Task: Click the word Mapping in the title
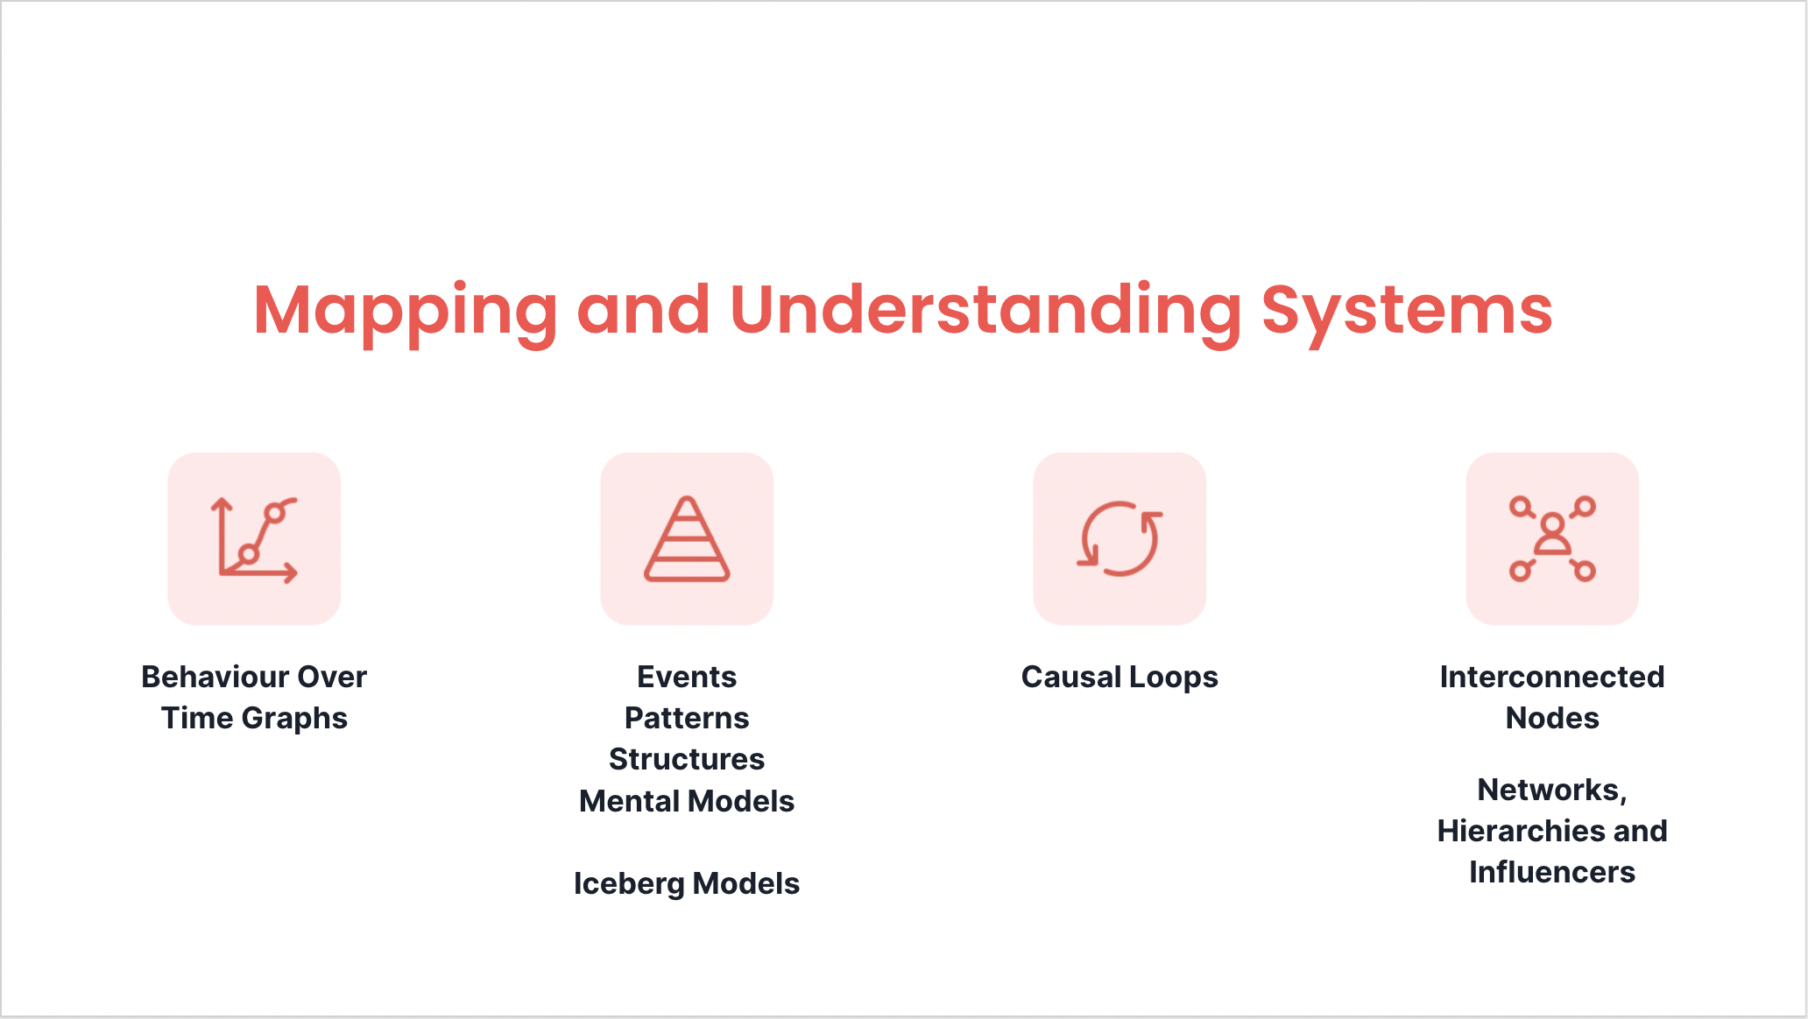[405, 311]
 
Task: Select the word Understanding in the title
[985, 311]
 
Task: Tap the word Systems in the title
[1406, 311]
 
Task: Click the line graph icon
[254, 538]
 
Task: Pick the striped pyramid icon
[687, 538]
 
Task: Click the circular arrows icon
[1119, 538]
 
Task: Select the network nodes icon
[1552, 538]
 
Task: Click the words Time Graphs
[254, 718]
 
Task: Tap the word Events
[687, 677]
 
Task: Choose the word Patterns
[687, 718]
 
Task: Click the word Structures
[687, 759]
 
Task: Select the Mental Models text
[687, 801]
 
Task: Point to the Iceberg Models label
[687, 883]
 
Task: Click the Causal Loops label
[1119, 677]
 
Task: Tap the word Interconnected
[1552, 677]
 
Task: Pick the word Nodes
[1552, 718]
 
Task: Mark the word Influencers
[1552, 872]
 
